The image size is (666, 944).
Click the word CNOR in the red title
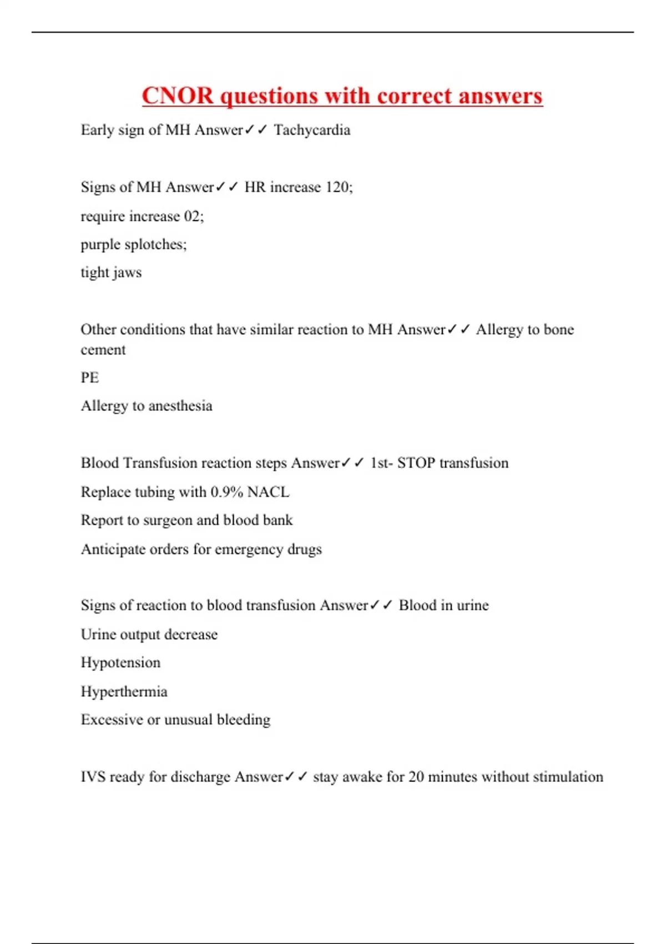[x=178, y=96]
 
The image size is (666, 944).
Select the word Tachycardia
[x=312, y=130]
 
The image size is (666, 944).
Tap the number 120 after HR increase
[x=337, y=187]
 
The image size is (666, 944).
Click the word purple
[x=100, y=244]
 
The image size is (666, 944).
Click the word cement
[x=103, y=350]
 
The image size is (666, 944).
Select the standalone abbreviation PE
[x=90, y=378]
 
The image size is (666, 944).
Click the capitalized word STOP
[x=416, y=463]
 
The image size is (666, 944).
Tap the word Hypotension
[x=120, y=662]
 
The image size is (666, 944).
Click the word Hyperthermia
[x=124, y=691]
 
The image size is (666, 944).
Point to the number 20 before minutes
[x=416, y=776]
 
